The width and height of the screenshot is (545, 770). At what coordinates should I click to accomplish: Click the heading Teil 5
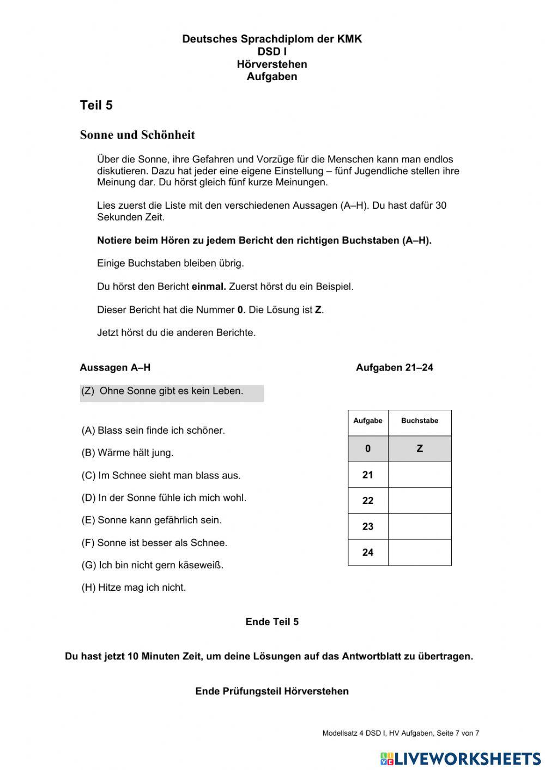(96, 106)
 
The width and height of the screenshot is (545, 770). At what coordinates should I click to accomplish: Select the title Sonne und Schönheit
(137, 135)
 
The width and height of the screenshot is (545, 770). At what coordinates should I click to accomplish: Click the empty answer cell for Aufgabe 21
(419, 475)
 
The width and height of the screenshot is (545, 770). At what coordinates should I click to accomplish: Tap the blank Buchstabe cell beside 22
(419, 500)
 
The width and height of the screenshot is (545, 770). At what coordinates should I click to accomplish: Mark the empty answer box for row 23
(419, 526)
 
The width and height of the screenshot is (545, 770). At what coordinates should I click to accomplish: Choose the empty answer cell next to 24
(419, 552)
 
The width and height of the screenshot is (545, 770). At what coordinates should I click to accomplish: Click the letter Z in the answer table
(420, 448)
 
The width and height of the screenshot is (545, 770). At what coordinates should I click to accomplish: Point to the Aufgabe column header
(368, 421)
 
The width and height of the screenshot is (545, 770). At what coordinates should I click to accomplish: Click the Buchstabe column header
(420, 421)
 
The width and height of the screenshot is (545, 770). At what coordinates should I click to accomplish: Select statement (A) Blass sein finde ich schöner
(153, 431)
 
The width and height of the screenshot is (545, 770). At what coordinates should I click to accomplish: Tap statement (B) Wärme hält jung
(128, 453)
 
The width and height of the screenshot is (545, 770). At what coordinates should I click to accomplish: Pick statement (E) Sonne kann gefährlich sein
(152, 520)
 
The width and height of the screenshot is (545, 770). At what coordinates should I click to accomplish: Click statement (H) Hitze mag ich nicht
(134, 587)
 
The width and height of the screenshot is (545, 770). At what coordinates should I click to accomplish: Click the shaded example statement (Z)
(162, 391)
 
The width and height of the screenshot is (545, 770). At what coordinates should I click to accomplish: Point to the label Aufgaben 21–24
(394, 368)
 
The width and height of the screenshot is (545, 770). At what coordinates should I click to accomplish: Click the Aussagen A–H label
(115, 368)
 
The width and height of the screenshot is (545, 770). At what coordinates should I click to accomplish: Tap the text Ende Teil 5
(272, 622)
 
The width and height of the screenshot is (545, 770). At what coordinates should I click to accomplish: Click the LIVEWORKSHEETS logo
(461, 759)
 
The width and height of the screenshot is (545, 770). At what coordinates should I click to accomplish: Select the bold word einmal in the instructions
(209, 287)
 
